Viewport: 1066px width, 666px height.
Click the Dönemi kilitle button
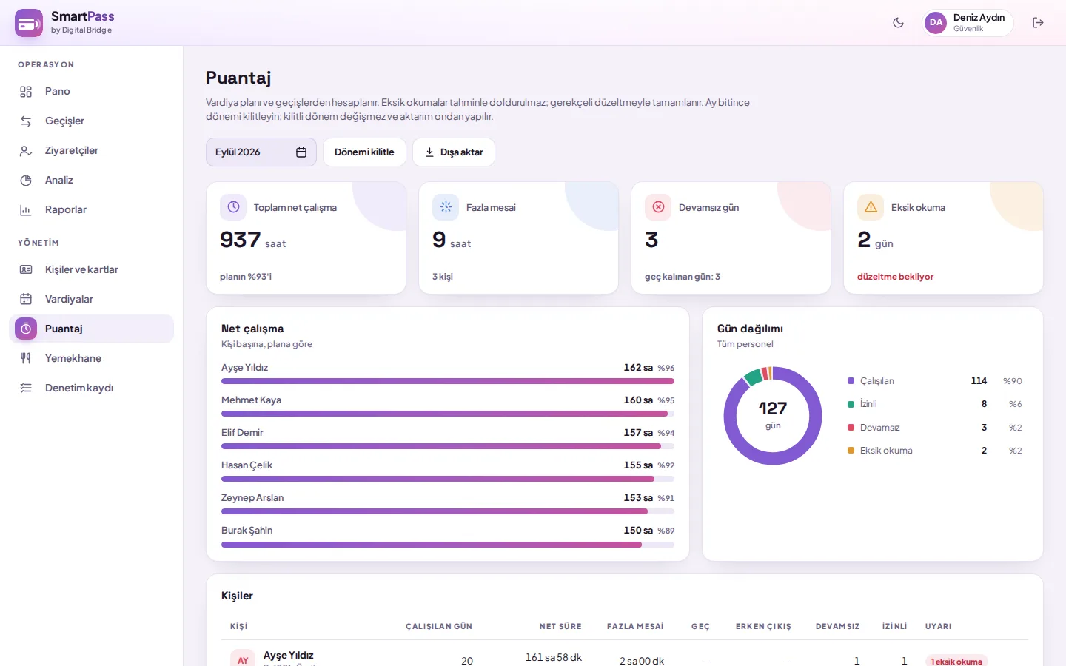[x=364, y=152]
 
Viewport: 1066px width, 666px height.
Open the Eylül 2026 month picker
[x=261, y=152]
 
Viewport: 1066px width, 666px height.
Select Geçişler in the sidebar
[x=64, y=121]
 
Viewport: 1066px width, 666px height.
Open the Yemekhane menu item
[x=73, y=358]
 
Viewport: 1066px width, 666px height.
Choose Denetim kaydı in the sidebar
[x=79, y=388]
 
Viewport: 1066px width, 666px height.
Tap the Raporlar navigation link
[x=65, y=210]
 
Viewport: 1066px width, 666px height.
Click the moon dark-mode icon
[x=898, y=23]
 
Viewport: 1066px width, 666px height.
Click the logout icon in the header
[x=1038, y=23]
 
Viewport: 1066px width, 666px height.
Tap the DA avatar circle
[x=936, y=23]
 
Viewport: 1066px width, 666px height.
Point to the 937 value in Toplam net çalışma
[x=241, y=239]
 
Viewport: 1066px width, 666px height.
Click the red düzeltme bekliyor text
[x=895, y=277]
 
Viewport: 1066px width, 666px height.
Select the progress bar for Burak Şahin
[x=447, y=544]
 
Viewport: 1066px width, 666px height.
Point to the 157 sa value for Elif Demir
[x=638, y=432]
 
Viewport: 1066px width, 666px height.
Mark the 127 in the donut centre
[x=772, y=408]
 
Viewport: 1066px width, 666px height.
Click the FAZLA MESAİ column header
[x=635, y=626]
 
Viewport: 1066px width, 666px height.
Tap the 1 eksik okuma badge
[x=956, y=661]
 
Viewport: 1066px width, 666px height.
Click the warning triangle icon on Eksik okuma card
[x=871, y=207]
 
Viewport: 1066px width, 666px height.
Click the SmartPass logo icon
[x=29, y=23]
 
